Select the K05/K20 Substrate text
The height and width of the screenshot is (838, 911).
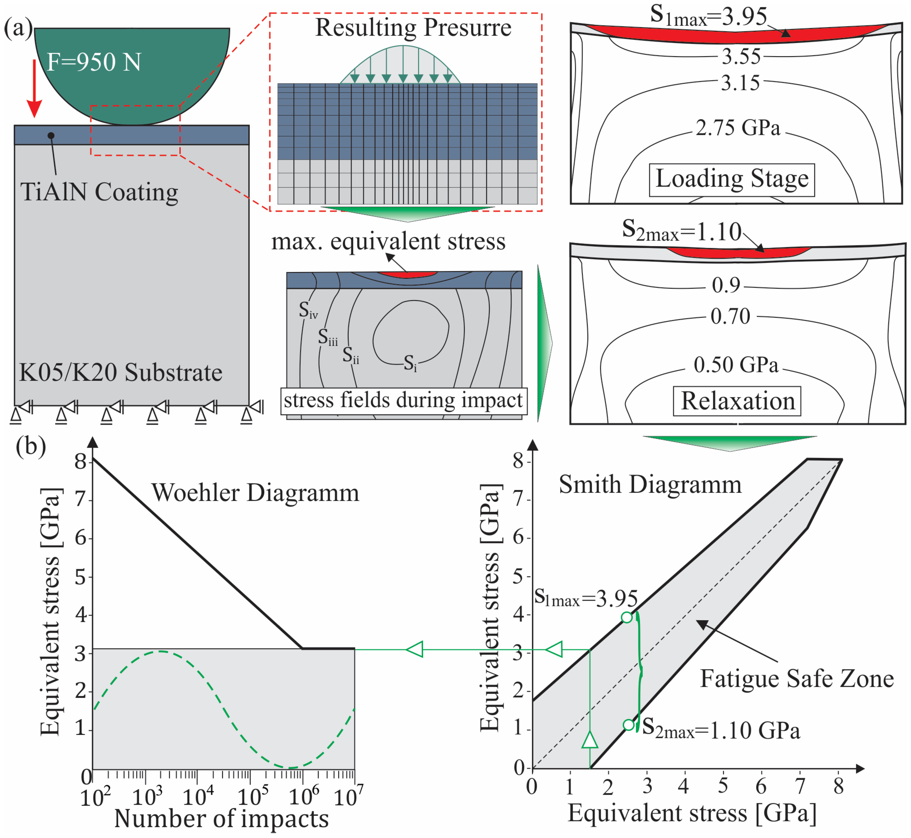pos(121,373)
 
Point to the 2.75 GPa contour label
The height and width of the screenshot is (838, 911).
pos(738,128)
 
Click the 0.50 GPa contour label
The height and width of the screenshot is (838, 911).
pos(736,365)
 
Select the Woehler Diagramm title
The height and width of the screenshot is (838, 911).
pos(255,493)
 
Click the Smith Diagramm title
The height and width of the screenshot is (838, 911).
pos(650,484)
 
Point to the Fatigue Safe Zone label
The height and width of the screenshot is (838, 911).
pos(797,679)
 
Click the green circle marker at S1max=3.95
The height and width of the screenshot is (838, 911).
pos(627,617)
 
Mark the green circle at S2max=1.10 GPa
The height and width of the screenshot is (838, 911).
pos(628,725)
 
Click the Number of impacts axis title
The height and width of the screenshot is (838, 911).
pos(222,819)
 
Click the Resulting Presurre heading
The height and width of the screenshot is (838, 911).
pos(413,28)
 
